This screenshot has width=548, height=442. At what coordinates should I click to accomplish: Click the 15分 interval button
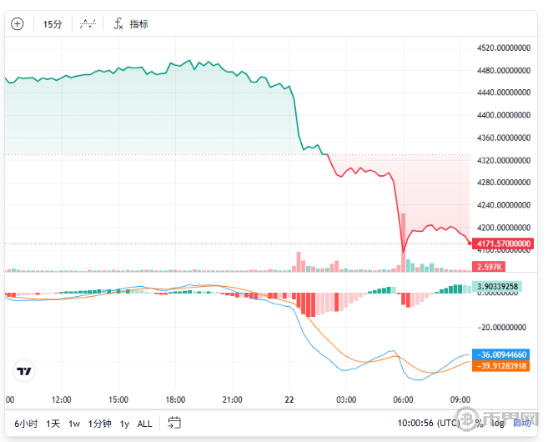point(53,24)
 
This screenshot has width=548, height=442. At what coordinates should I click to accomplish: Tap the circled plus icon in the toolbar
point(17,24)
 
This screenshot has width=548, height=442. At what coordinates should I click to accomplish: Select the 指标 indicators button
point(131,24)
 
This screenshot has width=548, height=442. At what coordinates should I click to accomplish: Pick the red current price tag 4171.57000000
point(502,244)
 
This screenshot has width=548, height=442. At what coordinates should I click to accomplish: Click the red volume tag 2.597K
point(487,266)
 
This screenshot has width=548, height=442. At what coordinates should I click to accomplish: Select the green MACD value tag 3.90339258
point(502,287)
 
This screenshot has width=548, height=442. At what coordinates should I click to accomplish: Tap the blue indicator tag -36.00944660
point(502,354)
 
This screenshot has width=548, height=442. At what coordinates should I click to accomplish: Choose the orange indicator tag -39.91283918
point(502,365)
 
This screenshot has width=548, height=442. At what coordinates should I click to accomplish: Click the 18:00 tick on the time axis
point(176,399)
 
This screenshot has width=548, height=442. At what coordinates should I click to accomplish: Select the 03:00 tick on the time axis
point(346,399)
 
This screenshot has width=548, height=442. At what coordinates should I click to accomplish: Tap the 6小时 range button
point(26,424)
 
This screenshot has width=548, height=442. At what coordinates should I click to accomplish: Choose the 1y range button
point(124,424)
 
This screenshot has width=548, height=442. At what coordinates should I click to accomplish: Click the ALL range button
point(144,424)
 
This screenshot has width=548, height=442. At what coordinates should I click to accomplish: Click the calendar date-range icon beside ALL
point(174,423)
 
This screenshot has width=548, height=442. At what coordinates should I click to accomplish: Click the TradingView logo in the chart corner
point(25,371)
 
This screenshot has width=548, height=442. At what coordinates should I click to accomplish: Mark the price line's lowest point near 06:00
point(403,251)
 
